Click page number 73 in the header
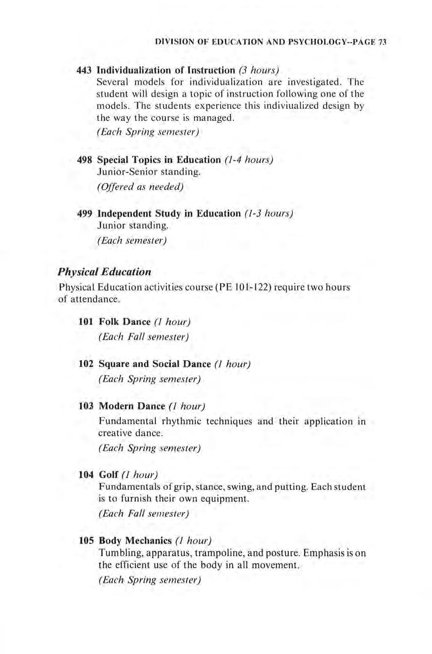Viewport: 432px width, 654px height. pyautogui.click(x=383, y=42)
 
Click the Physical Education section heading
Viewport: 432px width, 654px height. pyautogui.click(x=104, y=270)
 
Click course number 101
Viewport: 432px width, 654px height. pyautogui.click(x=86, y=322)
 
